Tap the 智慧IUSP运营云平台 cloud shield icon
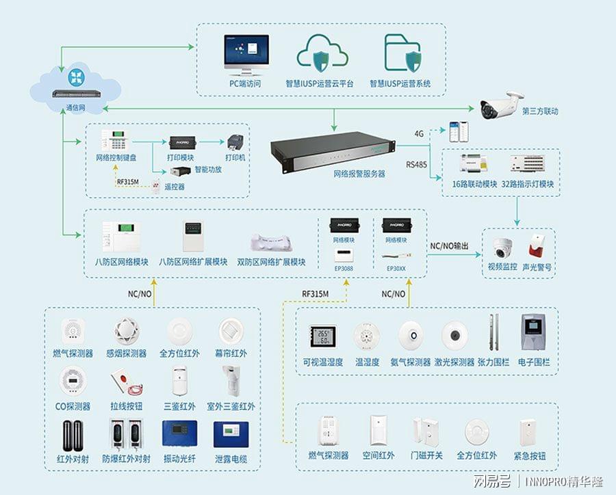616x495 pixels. click(x=319, y=53)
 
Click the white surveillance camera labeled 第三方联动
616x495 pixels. click(x=498, y=105)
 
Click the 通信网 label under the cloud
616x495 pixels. click(x=75, y=108)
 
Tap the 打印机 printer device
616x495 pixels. click(x=237, y=140)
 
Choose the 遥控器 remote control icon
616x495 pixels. click(x=156, y=185)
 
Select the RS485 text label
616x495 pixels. click(x=416, y=165)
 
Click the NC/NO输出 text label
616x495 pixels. click(x=450, y=245)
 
